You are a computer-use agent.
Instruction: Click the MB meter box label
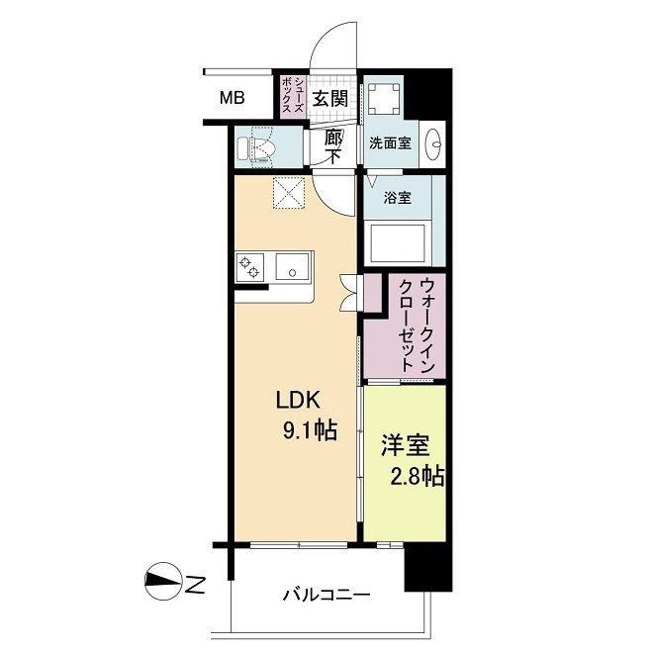tap(233, 98)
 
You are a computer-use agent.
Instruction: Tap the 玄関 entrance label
tap(330, 99)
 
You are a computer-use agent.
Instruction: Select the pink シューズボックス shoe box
tap(292, 96)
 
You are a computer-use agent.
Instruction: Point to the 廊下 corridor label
tap(333, 146)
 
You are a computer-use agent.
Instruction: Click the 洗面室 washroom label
tap(391, 143)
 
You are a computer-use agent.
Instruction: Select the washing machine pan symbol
tap(384, 99)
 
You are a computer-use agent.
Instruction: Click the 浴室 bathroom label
tap(398, 198)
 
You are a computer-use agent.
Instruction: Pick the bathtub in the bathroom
tap(396, 243)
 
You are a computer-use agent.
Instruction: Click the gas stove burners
tap(250, 266)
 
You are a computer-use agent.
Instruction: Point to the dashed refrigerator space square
tap(289, 193)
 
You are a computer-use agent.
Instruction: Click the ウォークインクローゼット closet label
tap(417, 326)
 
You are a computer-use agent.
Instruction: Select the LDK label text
tap(298, 401)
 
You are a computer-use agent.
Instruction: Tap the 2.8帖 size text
tap(417, 477)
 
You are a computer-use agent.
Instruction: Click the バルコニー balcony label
tap(326, 595)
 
